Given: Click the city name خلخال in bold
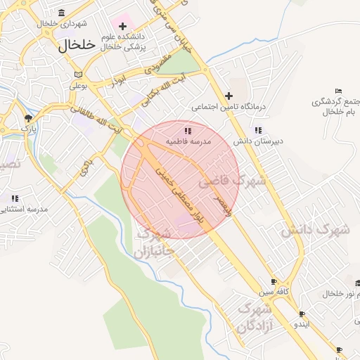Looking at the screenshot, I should click(75, 45).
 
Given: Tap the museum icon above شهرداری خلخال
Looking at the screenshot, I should click(62, 13).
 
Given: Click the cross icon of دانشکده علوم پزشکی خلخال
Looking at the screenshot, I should click(122, 26).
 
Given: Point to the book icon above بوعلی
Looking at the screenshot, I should click(78, 75).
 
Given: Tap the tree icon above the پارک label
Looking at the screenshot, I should click(28, 117).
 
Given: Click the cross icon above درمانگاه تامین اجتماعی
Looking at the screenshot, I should click(229, 96).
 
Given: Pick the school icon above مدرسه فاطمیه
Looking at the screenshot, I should click(188, 131).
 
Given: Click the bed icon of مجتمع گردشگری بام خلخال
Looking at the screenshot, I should click(338, 91).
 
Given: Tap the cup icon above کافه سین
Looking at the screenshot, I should click(274, 281).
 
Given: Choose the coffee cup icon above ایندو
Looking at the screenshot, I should click(302, 314).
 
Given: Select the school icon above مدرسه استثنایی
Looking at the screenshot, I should click(15, 198).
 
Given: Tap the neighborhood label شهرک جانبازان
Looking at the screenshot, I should click(151, 243).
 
